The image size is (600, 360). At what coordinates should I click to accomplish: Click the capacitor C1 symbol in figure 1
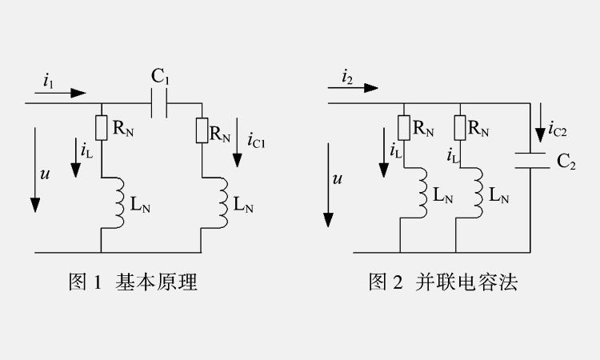click(x=160, y=103)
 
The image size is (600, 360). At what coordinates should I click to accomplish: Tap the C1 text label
click(x=160, y=78)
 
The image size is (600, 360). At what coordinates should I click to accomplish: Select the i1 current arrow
click(x=66, y=93)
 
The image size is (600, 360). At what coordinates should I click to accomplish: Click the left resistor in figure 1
click(x=102, y=127)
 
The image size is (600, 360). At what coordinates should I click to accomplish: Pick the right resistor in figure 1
click(x=202, y=130)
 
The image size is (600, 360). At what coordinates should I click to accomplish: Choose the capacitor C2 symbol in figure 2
click(x=530, y=160)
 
